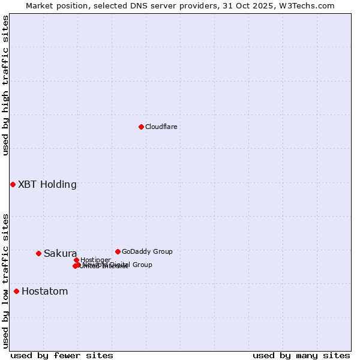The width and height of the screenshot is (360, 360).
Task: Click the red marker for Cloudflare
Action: [x=141, y=127]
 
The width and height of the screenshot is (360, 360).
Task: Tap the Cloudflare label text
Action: [x=161, y=127]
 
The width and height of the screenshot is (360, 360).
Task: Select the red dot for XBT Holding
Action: [x=13, y=184]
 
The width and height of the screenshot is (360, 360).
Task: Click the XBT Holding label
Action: [x=47, y=185]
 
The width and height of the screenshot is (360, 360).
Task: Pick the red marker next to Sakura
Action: [x=38, y=253]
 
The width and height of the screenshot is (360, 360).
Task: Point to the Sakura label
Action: [x=60, y=254]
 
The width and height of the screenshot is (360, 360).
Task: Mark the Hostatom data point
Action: [x=16, y=291]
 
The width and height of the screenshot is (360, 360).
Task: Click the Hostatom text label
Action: [x=44, y=292]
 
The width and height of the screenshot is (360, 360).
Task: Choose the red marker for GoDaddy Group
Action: [x=118, y=251]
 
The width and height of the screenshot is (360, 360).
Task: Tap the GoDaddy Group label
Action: [x=147, y=252]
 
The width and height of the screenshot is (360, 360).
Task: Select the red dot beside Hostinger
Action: [x=76, y=260]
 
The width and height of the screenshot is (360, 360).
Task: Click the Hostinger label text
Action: [x=95, y=260]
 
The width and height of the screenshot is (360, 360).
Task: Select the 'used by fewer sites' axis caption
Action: [x=62, y=355]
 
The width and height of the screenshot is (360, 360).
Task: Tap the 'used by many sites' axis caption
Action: [x=301, y=355]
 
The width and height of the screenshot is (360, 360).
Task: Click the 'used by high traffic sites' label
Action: [x=5, y=85]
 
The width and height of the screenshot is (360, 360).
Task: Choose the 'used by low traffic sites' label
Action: [x=5, y=281]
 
